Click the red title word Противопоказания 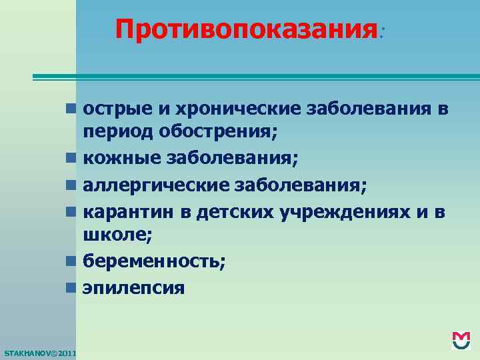click(245, 29)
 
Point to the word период click(117, 132)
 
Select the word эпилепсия click(133, 287)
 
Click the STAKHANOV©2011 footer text click(40, 351)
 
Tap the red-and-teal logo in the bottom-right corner click(461, 340)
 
